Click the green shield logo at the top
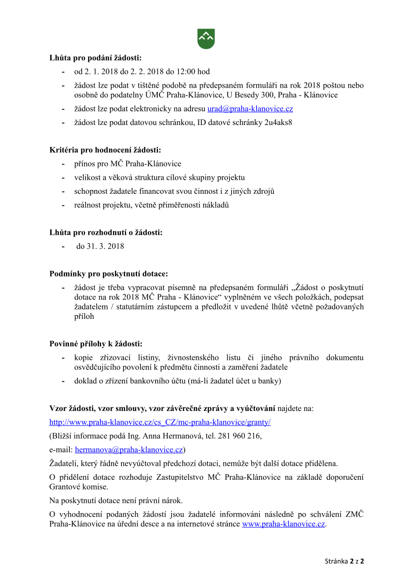tap(206, 39)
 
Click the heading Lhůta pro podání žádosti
tap(95, 58)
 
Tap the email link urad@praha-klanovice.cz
tap(250, 109)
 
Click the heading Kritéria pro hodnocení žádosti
tap(105, 150)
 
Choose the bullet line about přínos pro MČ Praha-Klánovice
tap(128, 164)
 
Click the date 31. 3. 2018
tap(100, 246)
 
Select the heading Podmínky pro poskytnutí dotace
tap(109, 273)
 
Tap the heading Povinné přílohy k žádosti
tap(96, 344)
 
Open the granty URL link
tap(160, 422)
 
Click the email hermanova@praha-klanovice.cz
tap(129, 449)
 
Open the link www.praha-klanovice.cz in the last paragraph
tap(283, 524)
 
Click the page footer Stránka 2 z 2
tap(344, 562)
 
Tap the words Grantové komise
tap(79, 487)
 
